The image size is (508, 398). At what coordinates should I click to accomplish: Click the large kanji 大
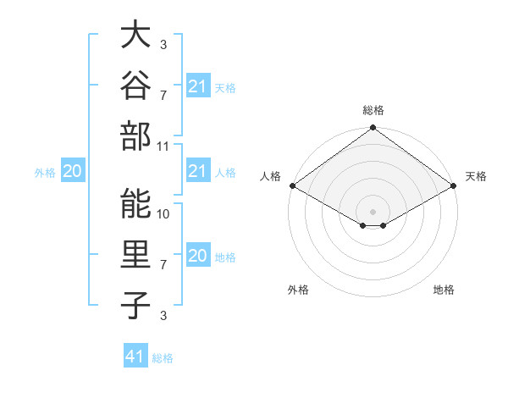pos(135,34)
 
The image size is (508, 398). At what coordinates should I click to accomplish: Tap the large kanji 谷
pos(135,85)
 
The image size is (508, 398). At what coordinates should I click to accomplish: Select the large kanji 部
pos(135,136)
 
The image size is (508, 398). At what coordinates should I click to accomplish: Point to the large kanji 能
pos(135,203)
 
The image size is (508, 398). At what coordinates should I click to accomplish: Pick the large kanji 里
pos(135,254)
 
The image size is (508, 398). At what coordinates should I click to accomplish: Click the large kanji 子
pos(135,306)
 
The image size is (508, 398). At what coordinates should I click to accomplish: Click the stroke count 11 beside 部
pos(163,146)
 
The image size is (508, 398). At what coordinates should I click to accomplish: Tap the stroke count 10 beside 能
pos(163,214)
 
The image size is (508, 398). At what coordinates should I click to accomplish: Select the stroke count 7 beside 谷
pos(163,96)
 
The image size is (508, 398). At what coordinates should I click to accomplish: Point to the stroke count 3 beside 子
pos(163,316)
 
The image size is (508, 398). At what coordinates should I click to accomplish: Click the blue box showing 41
pos(135,355)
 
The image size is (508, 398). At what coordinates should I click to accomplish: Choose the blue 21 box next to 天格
pos(198,86)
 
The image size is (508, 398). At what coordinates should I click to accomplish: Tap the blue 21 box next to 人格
pos(198,170)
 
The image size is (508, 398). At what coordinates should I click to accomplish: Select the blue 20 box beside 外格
pos(73,170)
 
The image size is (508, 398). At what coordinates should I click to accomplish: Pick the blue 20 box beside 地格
pos(198,254)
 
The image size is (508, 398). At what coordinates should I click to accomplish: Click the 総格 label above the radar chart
pos(373,110)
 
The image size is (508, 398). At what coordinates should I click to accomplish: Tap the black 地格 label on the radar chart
pos(444,290)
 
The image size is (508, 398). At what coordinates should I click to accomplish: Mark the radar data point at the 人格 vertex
pos(293,185)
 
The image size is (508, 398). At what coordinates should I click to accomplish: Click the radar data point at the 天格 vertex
pos(454,185)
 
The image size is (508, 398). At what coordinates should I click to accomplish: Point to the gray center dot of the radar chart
pos(373,212)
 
